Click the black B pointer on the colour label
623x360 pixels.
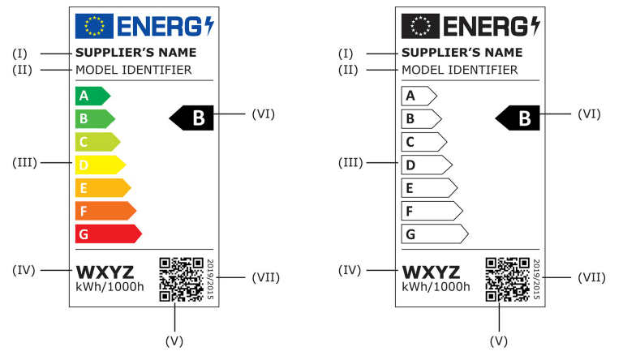(192, 118)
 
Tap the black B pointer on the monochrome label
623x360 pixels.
(519, 118)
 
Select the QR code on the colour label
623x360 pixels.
(180, 279)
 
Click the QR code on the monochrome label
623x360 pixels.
(507, 279)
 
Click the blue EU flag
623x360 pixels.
(91, 26)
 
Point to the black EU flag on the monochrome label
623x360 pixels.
(419, 26)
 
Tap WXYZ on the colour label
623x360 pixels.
(105, 271)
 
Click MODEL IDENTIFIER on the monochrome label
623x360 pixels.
(459, 70)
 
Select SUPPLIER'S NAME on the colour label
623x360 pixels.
(135, 54)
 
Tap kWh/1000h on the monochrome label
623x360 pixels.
(436, 287)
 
